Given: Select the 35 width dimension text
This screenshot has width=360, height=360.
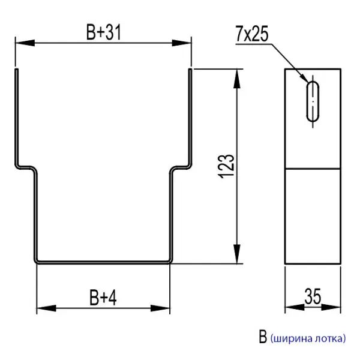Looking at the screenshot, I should [312, 296].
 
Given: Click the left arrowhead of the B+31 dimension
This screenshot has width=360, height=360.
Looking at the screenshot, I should [23, 43].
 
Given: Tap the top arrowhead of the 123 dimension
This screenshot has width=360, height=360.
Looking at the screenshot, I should [239, 77].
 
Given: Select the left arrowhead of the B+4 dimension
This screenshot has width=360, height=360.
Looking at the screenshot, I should [45, 309].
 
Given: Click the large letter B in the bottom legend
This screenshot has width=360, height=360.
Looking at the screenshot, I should [263, 337].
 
